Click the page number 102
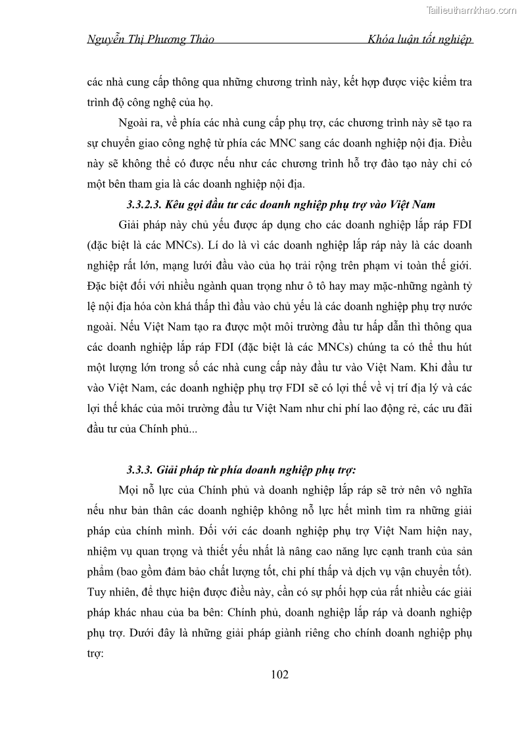click(x=279, y=675)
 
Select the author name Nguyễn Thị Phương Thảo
click(x=151, y=40)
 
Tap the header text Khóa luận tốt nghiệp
click(x=421, y=40)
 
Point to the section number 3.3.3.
click(x=140, y=470)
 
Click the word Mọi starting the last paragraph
click(x=131, y=490)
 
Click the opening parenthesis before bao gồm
click(x=121, y=553)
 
